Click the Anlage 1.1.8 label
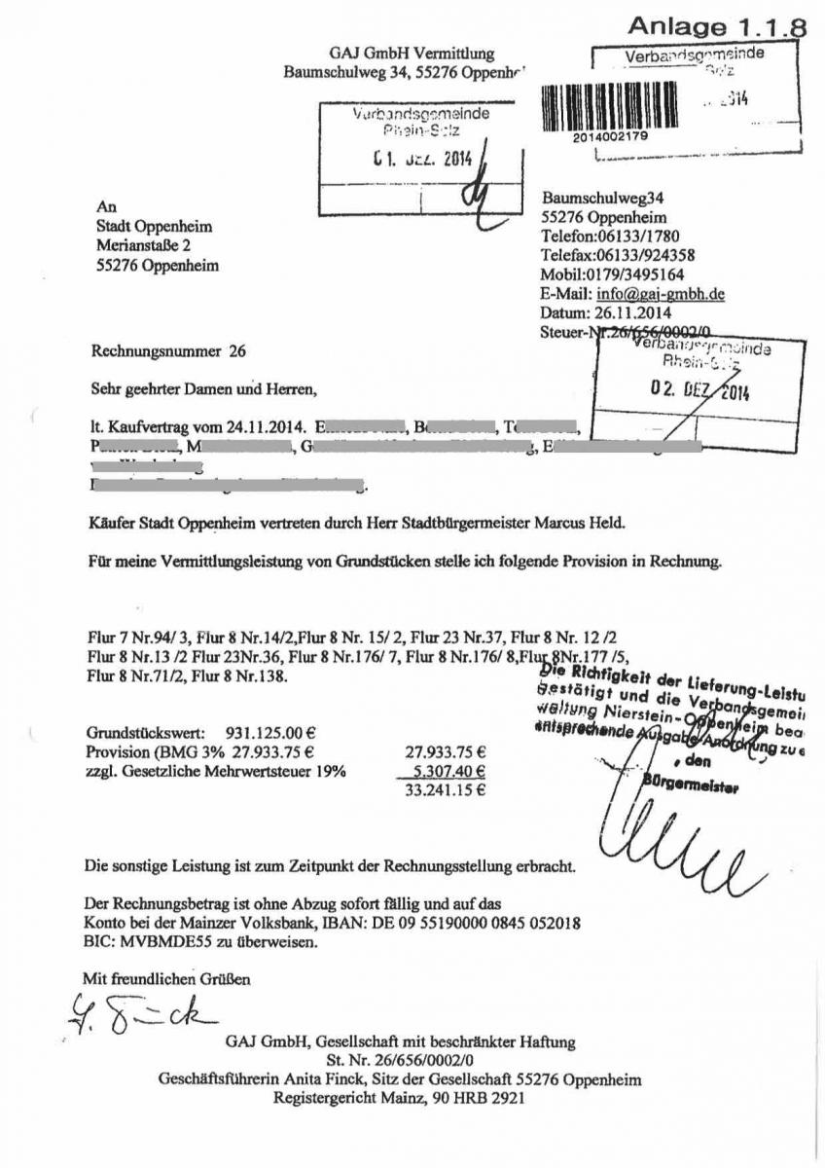tap(716, 26)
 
